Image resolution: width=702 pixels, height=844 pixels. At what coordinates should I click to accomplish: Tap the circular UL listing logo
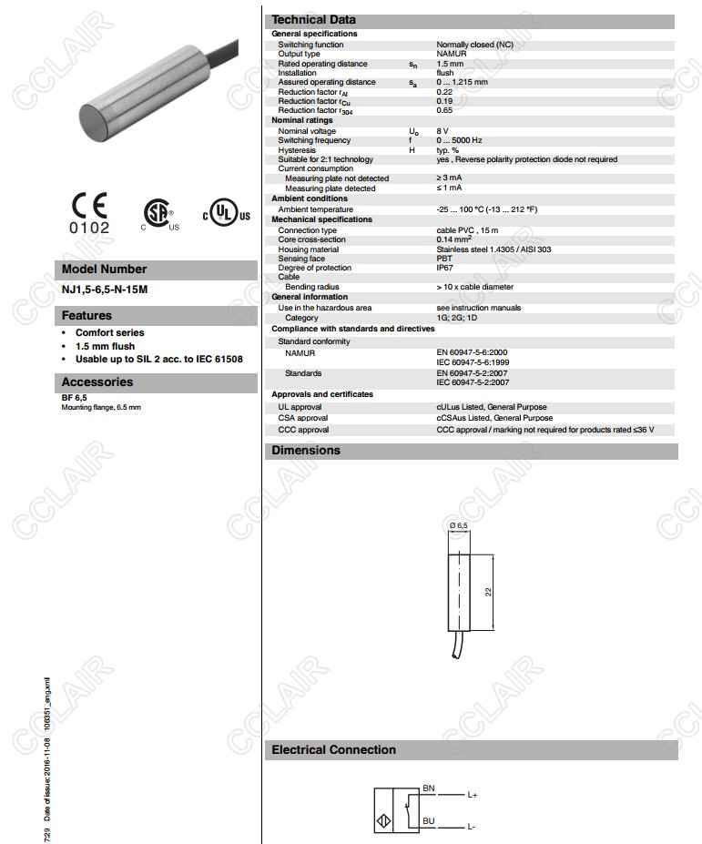point(221,212)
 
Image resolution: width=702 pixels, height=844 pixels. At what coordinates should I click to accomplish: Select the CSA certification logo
point(158,213)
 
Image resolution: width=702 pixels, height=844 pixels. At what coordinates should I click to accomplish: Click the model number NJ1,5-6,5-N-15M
point(104,290)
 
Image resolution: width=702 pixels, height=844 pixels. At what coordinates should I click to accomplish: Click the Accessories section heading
point(97,382)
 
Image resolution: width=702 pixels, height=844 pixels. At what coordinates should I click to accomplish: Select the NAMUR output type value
point(452,54)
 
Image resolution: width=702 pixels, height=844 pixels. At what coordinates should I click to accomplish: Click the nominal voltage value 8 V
point(443,131)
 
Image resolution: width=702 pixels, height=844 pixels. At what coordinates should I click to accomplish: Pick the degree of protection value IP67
point(445,268)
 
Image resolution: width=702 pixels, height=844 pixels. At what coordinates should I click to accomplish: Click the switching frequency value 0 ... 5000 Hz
point(459,140)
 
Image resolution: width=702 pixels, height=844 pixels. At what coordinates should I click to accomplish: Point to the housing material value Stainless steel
point(493,249)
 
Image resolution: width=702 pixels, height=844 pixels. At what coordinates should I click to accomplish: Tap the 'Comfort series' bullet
point(110,333)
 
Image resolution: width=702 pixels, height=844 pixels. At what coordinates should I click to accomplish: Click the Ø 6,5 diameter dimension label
point(458,526)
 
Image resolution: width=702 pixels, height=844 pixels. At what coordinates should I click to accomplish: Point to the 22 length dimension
point(488,592)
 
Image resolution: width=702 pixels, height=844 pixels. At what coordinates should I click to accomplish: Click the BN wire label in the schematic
point(429,786)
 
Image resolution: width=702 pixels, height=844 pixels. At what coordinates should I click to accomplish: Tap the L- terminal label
point(472,827)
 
